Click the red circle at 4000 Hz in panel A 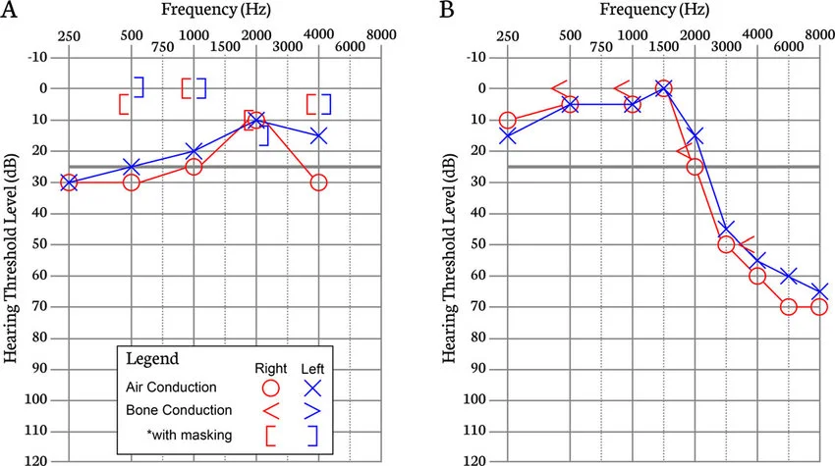point(318,181)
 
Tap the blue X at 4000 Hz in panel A point(318,135)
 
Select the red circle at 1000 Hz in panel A point(194,167)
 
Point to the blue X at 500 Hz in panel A point(132,167)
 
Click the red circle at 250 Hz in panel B point(507,121)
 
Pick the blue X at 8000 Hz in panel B point(819,291)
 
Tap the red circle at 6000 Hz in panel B point(788,306)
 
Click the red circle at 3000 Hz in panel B point(726,244)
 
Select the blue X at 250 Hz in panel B point(507,136)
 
